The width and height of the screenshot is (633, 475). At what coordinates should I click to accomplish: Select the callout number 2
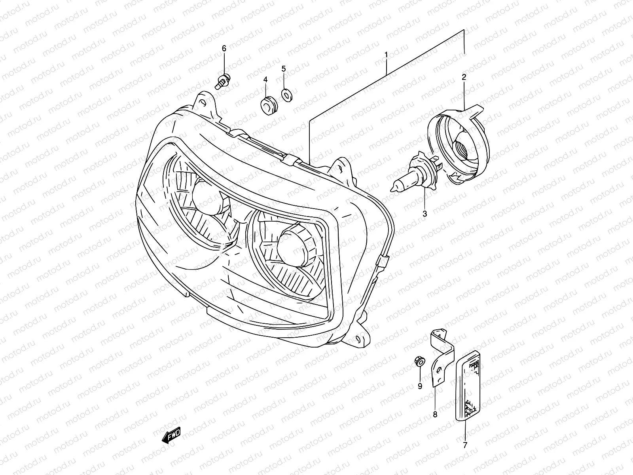point(464,77)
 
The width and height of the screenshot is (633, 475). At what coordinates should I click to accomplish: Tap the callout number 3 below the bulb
point(425,214)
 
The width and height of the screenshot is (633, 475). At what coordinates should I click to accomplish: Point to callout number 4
point(265,80)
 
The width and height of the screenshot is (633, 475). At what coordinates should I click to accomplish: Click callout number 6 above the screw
point(224,48)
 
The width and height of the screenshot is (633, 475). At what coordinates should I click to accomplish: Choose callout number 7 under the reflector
point(465,445)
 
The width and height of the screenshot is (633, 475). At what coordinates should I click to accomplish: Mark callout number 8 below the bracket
point(435,414)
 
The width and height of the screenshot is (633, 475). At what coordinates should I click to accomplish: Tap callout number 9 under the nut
point(420,386)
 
